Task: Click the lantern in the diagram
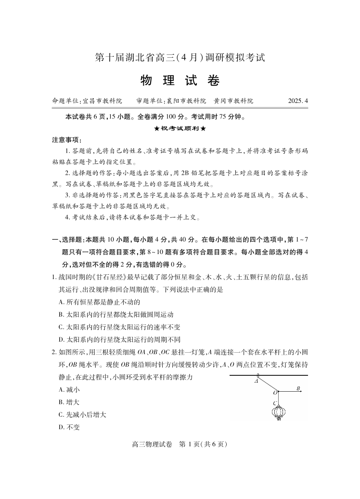[x=278, y=413]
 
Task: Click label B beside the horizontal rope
[x=298, y=388]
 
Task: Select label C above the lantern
[x=274, y=402]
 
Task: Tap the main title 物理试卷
[x=180, y=81]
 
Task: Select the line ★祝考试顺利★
[x=180, y=128]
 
